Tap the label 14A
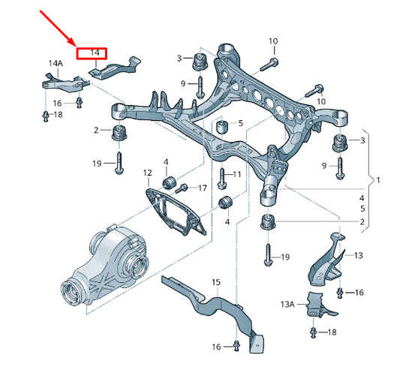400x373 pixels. tap(56, 65)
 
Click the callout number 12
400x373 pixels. tap(147, 173)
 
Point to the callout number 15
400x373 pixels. tap(216, 282)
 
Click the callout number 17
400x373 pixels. tap(202, 187)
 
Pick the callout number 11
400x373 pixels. tap(236, 174)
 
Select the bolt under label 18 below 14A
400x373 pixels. tap(45, 116)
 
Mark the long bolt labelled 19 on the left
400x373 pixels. tap(119, 161)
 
